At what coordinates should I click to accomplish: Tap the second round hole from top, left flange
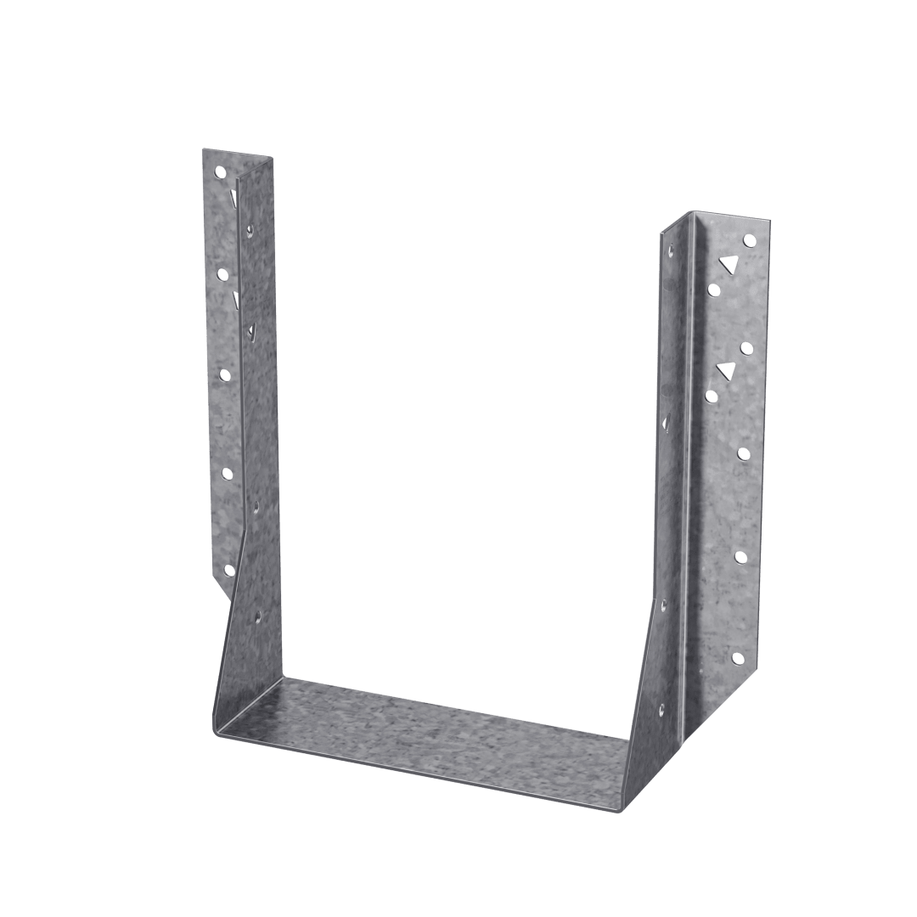pos(222,273)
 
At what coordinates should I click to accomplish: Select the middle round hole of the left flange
pos(225,373)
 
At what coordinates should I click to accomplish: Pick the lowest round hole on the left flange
pos(228,570)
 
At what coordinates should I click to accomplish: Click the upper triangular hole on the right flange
pos(727,264)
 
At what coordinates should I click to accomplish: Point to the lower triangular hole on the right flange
pos(724,369)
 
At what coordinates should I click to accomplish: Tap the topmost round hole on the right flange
pos(748,241)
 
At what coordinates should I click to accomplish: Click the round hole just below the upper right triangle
pos(713,290)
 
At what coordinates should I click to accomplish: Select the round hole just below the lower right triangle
pos(712,396)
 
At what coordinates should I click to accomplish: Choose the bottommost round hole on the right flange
pos(737,659)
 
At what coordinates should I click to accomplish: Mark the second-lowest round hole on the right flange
pos(740,557)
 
